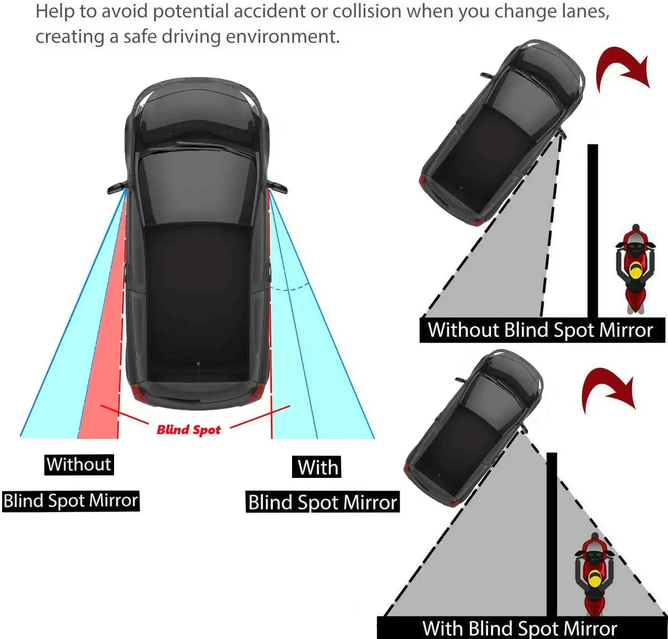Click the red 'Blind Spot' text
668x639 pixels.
click(x=189, y=430)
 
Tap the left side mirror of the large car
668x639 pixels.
click(x=117, y=188)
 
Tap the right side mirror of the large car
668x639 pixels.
click(x=278, y=186)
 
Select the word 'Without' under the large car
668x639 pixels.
click(x=79, y=465)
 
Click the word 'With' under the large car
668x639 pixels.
click(x=317, y=467)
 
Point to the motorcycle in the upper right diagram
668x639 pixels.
click(x=635, y=268)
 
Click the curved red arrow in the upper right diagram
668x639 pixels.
click(x=621, y=69)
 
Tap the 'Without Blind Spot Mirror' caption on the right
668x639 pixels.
click(x=541, y=330)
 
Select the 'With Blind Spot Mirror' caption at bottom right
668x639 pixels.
click(x=520, y=628)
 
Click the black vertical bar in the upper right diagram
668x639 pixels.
click(x=592, y=230)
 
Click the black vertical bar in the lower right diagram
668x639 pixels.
click(x=552, y=533)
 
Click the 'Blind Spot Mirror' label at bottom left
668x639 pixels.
click(x=71, y=501)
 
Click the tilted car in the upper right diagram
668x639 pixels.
click(x=502, y=132)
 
